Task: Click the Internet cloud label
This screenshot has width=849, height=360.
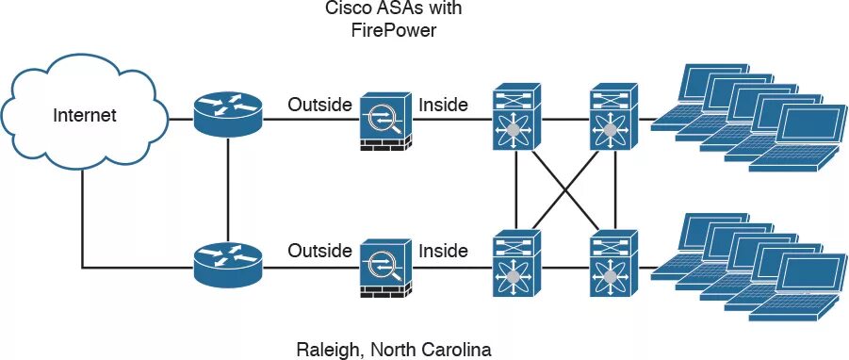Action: click(85, 117)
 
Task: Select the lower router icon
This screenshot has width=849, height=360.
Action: click(228, 265)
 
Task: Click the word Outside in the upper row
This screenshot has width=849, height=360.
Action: click(319, 105)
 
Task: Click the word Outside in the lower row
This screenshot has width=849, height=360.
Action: click(319, 251)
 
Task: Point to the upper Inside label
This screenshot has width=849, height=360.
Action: click(443, 105)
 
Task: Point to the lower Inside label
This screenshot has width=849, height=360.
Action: click(443, 251)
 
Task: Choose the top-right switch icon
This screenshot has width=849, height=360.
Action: click(613, 119)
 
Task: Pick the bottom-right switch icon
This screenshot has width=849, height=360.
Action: click(613, 265)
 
